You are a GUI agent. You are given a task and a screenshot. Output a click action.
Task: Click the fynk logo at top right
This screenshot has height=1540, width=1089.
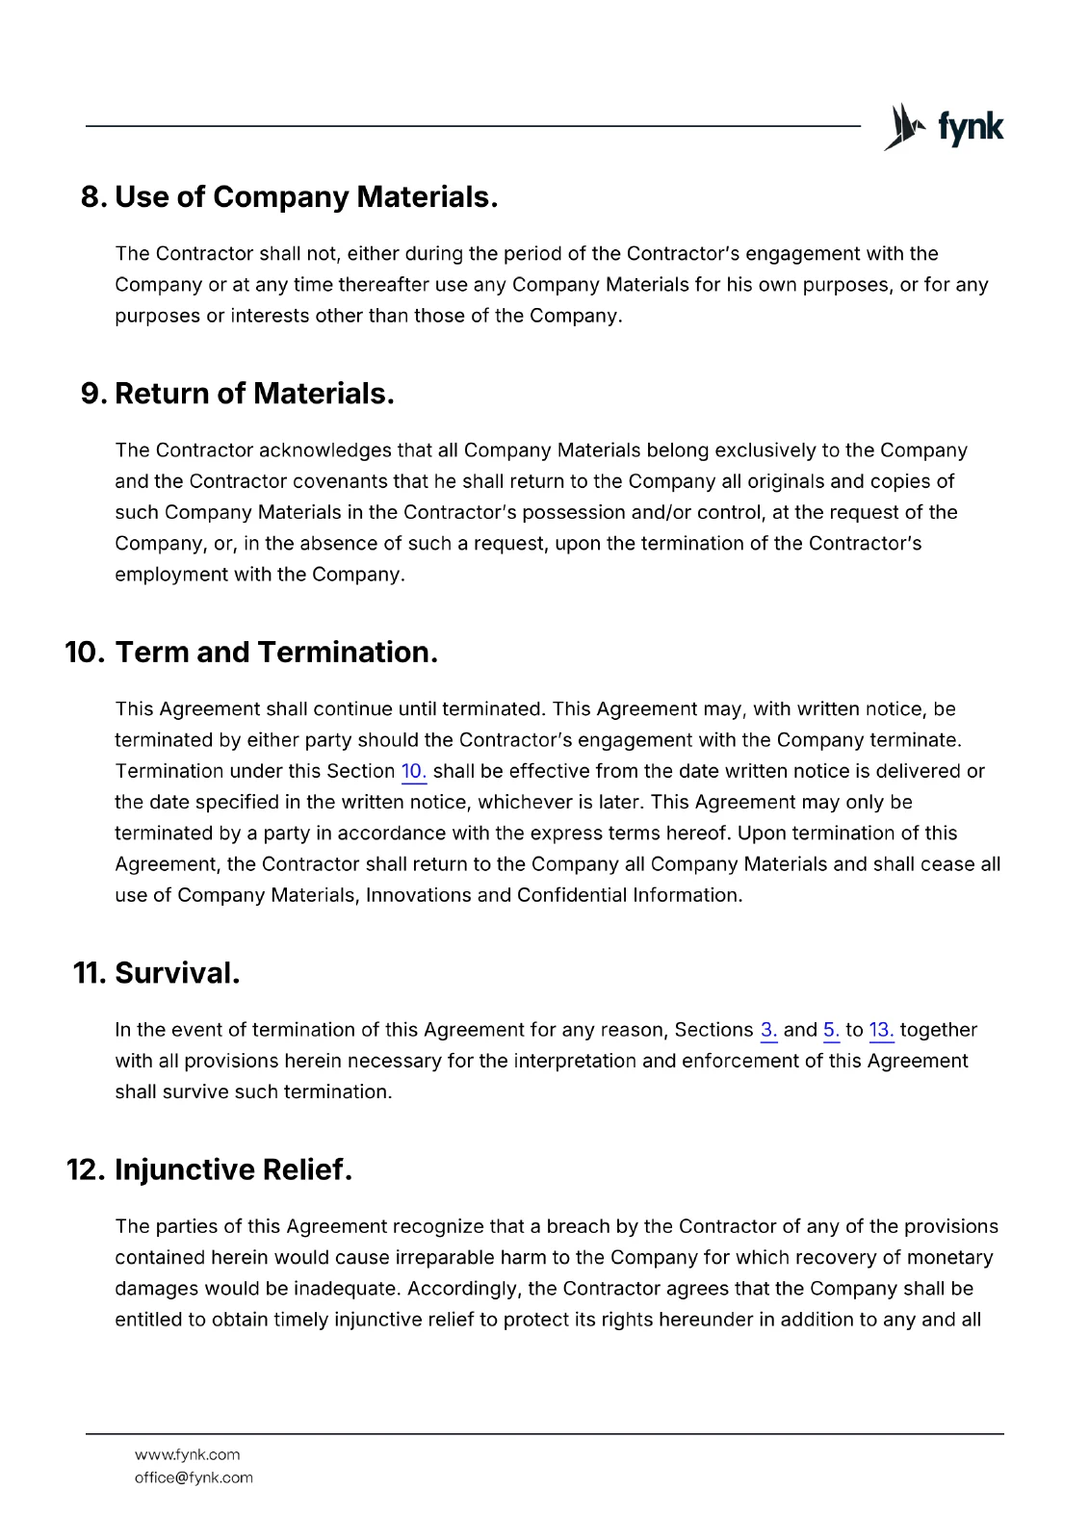pos(944,127)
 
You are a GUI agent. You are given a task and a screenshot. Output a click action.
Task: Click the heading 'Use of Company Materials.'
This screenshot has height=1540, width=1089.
pos(306,197)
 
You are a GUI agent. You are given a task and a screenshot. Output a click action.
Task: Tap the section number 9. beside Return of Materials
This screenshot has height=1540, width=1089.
pos(93,394)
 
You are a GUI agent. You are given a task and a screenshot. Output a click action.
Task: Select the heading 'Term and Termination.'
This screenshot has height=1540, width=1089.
pos(276,653)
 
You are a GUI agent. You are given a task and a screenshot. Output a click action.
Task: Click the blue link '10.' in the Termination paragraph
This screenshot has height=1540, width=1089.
pos(413,772)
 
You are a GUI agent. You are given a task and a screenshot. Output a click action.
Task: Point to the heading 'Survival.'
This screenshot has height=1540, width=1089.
pos(177,973)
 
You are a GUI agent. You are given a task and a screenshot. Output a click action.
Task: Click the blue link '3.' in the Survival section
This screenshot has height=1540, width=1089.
pos(768,1031)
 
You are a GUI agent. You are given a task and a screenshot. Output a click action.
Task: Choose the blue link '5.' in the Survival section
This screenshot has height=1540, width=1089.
pos(831,1031)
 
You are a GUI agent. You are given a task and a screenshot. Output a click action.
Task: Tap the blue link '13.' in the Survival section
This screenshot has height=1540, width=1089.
pos(881,1031)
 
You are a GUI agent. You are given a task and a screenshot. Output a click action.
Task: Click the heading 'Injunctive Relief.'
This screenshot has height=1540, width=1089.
pos(233,1170)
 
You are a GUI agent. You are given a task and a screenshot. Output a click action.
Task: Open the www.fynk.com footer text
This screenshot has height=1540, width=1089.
pos(187,1455)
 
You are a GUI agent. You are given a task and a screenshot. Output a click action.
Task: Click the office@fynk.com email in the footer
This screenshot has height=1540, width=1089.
pos(194,1478)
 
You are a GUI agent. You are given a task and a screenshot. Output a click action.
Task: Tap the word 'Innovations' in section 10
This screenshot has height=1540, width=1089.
pos(418,896)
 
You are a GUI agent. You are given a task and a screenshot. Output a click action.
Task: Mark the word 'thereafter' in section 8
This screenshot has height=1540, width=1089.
pos(383,285)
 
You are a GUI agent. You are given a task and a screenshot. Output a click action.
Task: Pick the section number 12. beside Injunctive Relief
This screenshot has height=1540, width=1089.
pos(85,1170)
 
